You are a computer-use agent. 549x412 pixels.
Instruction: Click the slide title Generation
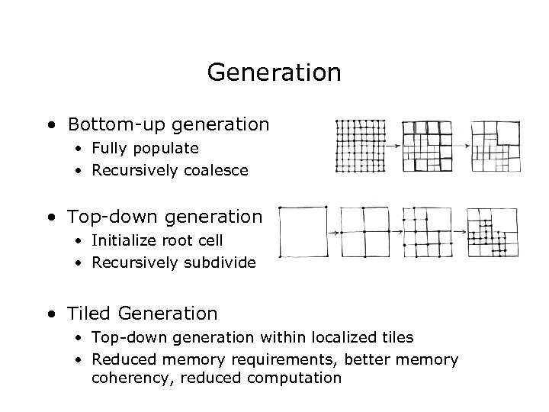[x=274, y=73]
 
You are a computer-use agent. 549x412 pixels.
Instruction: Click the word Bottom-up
[x=104, y=124]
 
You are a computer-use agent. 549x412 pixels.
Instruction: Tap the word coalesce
[x=216, y=170]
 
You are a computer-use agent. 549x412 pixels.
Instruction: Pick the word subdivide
[x=220, y=263]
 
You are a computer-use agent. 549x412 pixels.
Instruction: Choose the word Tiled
[x=88, y=313]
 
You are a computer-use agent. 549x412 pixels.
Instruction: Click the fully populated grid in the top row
[x=361, y=146]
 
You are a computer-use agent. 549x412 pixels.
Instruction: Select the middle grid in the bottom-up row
[x=427, y=146]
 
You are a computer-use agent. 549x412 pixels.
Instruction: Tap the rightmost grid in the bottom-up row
[x=496, y=146]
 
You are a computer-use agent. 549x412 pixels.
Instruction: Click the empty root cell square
[x=303, y=232]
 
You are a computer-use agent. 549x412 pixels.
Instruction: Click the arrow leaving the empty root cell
[x=333, y=232]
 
